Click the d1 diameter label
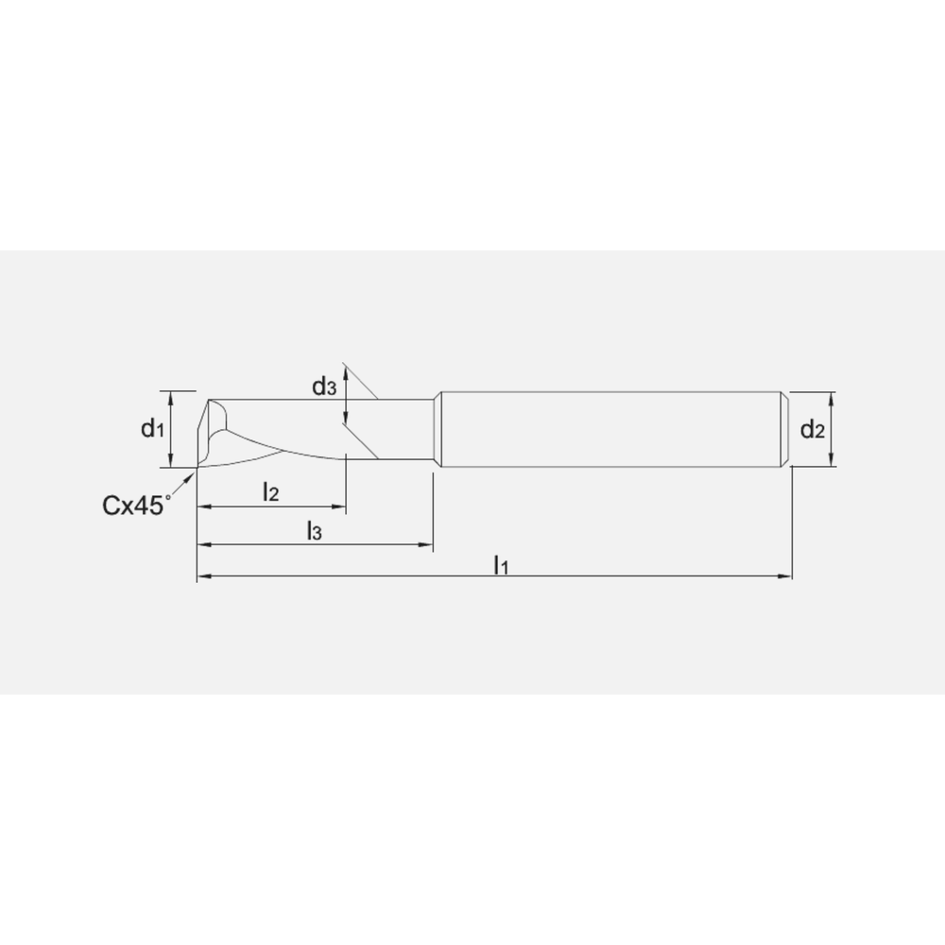coord(153,430)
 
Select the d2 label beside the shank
coord(813,431)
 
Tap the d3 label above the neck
coord(324,386)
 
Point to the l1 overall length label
coord(501,565)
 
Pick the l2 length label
coord(271,491)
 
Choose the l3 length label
coord(315,532)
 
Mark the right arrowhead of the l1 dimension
coord(786,576)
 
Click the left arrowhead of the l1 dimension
coord(201,576)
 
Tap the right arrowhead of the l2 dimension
coord(340,507)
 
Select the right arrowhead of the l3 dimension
coord(426,545)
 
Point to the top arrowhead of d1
coord(169,396)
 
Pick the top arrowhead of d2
coord(832,397)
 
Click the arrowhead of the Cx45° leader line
coord(192,473)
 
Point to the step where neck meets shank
coord(437,430)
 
